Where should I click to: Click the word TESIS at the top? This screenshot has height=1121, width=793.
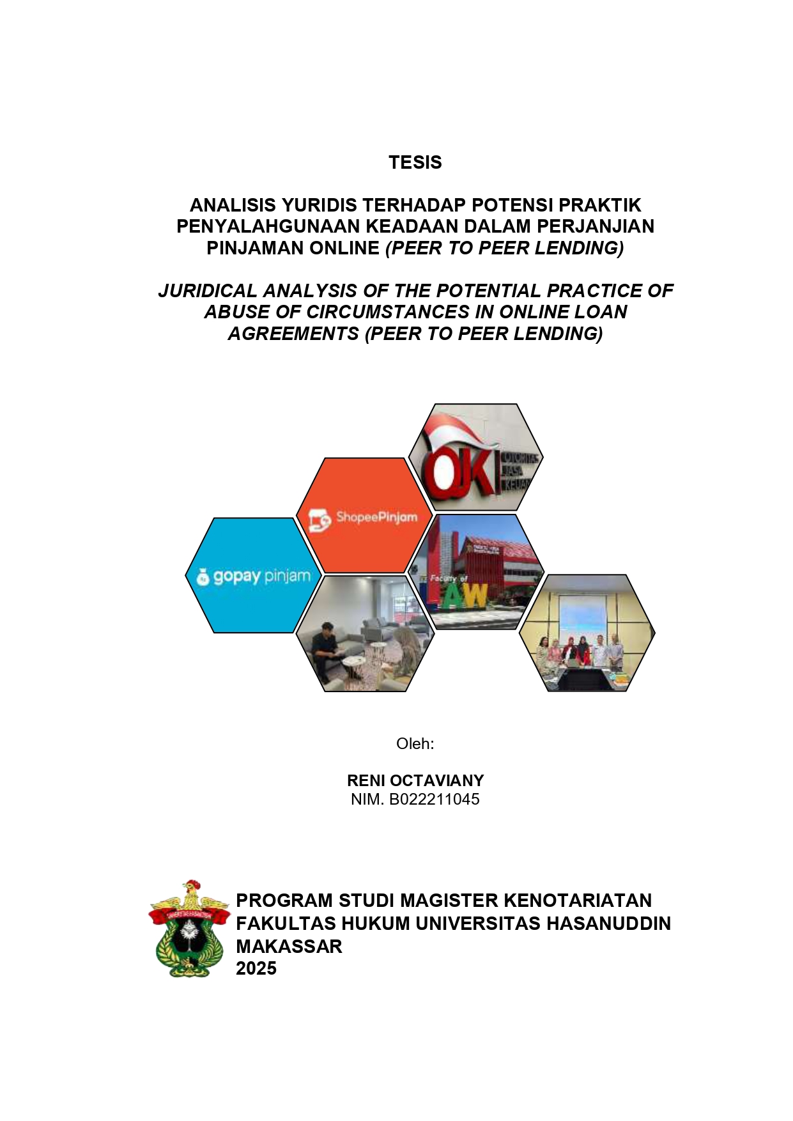[415, 162]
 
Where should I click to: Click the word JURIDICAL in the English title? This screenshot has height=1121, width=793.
[207, 291]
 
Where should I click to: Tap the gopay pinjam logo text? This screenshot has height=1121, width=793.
[261, 576]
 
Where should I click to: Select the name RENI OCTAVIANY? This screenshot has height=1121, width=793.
[415, 780]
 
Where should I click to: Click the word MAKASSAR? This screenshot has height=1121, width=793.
[289, 947]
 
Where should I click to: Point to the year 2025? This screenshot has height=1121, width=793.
[256, 969]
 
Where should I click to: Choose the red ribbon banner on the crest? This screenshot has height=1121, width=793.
[189, 915]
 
